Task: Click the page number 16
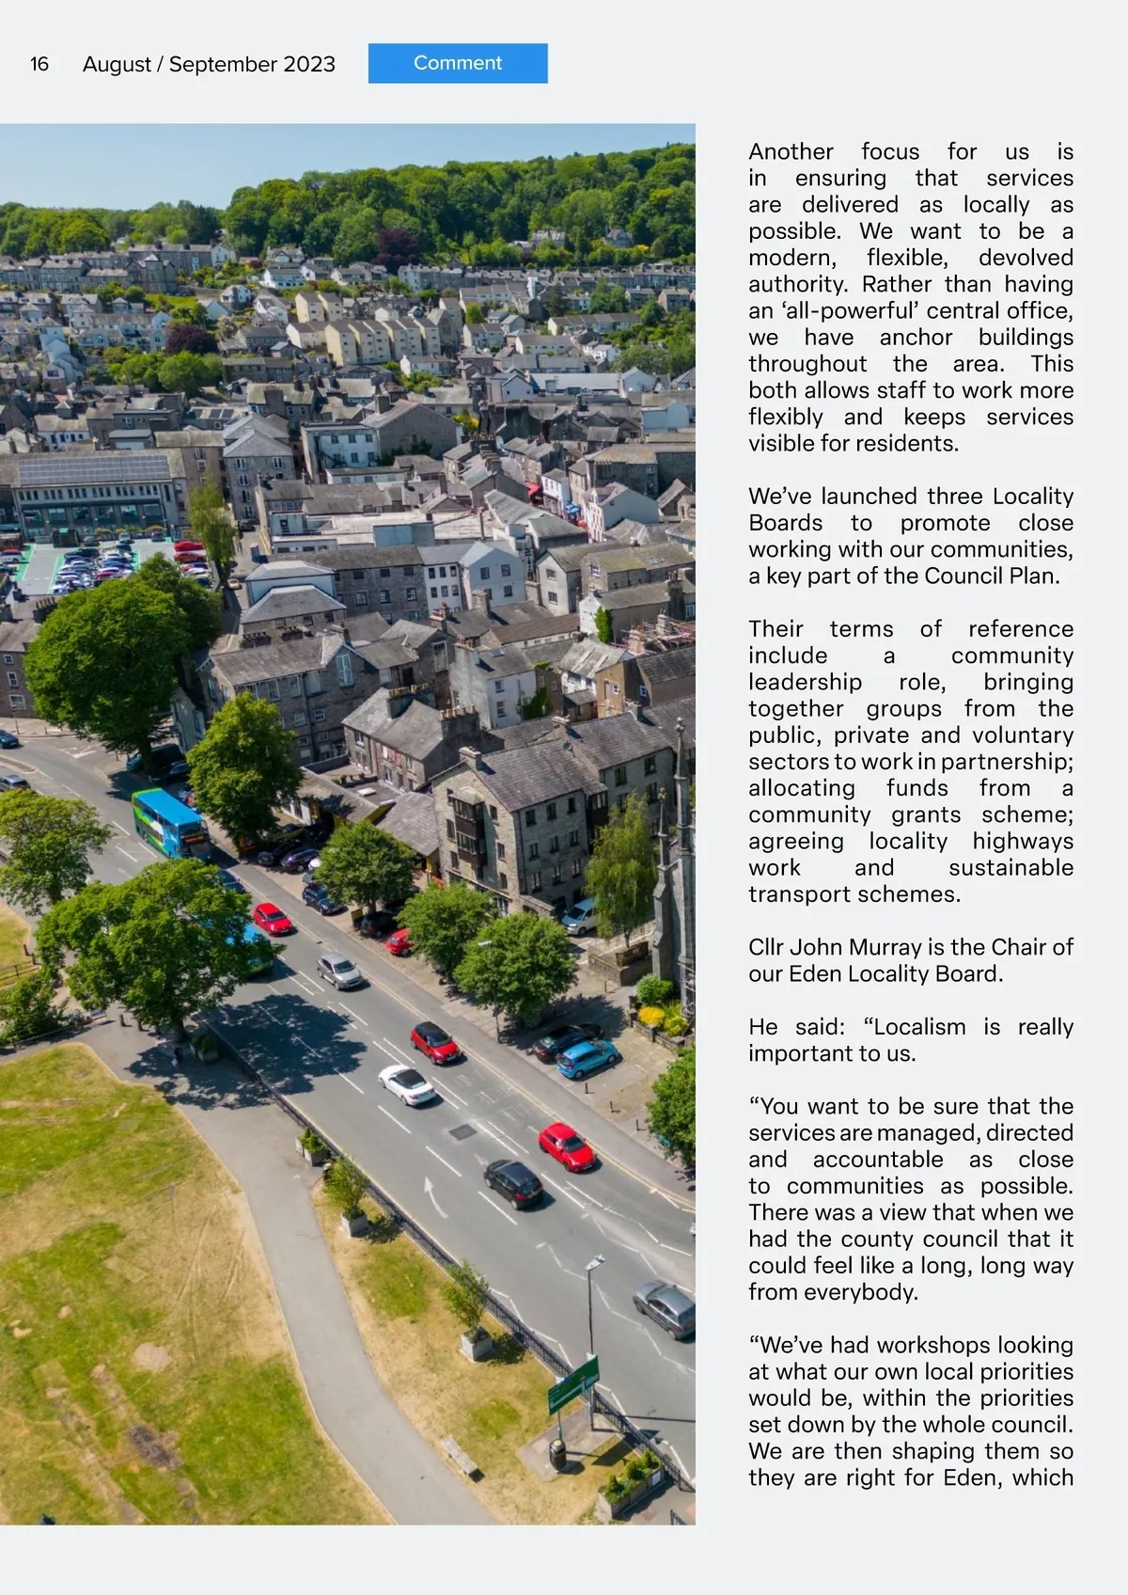tap(39, 64)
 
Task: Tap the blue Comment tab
tap(458, 63)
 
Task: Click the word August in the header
tap(117, 64)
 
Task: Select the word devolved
tap(1026, 258)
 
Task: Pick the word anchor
tap(916, 338)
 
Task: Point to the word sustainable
tap(1010, 868)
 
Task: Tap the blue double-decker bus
tap(170, 824)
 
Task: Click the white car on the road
tap(407, 1084)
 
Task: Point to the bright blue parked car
tap(587, 1059)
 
